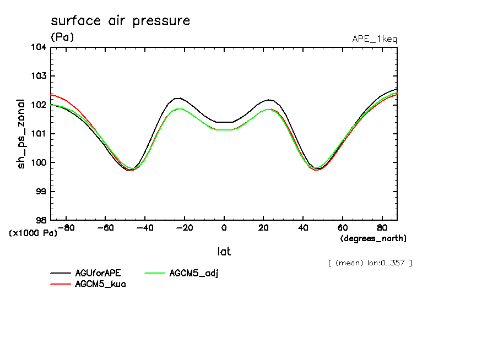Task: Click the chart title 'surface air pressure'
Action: pyautogui.click(x=120, y=21)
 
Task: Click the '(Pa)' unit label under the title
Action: pyautogui.click(x=62, y=37)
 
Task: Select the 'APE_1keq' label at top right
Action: pyautogui.click(x=374, y=39)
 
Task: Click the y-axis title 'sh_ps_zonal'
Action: pyautogui.click(x=21, y=134)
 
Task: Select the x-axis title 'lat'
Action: pyautogui.click(x=224, y=252)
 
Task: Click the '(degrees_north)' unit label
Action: pyautogui.click(x=373, y=238)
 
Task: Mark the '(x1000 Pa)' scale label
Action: pyautogui.click(x=33, y=233)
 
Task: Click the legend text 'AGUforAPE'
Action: pyautogui.click(x=97, y=274)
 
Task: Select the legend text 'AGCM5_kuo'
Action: pyautogui.click(x=100, y=284)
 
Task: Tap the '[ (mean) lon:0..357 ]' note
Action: pyautogui.click(x=369, y=263)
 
